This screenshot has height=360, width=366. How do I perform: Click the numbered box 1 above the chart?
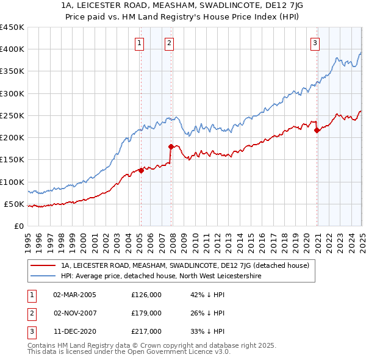(x=140, y=43)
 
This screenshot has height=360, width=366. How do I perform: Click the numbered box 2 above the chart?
(x=169, y=43)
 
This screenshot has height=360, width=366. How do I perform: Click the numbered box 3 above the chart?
(x=315, y=43)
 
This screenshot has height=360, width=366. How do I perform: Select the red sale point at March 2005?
(x=141, y=170)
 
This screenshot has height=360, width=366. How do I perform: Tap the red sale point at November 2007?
(x=171, y=146)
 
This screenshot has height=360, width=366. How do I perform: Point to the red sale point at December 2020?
(x=317, y=130)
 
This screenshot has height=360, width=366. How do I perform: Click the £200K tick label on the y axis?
(x=12, y=138)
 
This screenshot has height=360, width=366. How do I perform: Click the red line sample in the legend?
(x=44, y=265)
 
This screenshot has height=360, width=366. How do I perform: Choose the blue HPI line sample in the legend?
(x=44, y=276)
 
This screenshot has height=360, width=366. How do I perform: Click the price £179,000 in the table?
(x=146, y=313)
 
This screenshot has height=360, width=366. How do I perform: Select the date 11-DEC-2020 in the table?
(x=75, y=331)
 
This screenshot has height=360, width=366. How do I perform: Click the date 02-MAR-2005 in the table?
(x=75, y=295)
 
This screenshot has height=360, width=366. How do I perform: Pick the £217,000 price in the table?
(x=146, y=331)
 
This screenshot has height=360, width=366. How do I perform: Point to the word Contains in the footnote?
(x=42, y=345)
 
